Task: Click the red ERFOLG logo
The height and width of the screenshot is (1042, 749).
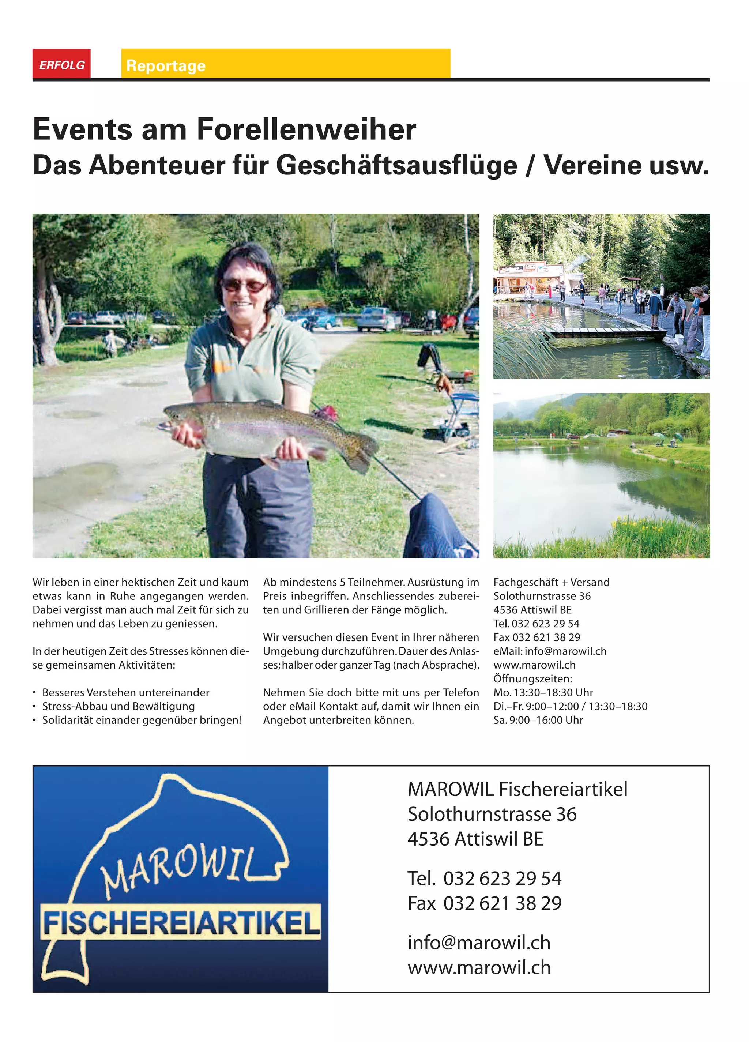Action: (61, 64)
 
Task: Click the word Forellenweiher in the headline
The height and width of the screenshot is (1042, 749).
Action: (306, 129)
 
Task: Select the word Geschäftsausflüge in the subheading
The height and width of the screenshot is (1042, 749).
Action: (396, 165)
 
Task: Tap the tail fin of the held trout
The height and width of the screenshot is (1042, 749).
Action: (361, 452)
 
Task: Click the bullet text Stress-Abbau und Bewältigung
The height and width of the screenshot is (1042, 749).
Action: (118, 706)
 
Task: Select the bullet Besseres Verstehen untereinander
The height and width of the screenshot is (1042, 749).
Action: (125, 692)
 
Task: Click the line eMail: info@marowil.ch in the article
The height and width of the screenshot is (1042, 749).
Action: (550, 651)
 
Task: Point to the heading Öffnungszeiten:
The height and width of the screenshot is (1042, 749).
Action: (532, 678)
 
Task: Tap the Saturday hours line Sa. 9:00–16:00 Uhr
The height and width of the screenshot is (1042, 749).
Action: (538, 720)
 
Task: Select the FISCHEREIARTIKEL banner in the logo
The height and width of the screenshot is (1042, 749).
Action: (181, 922)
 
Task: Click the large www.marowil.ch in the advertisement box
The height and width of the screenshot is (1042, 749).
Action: (479, 968)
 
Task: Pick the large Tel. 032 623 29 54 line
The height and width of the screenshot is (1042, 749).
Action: (484, 879)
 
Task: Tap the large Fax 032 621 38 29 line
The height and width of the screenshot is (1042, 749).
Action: (484, 903)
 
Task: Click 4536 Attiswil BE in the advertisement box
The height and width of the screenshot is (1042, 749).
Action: (475, 839)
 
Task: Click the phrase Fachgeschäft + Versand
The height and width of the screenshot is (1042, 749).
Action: (551, 582)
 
